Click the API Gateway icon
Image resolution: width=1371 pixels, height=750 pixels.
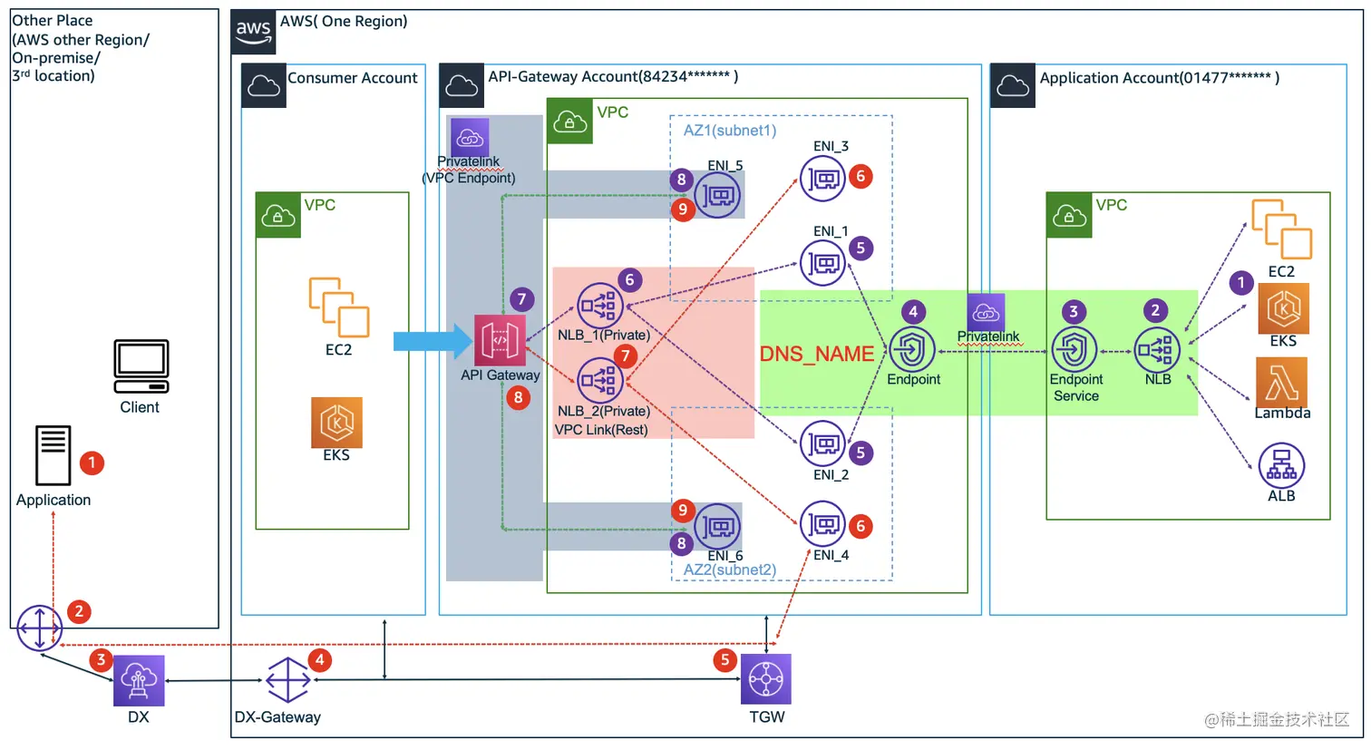[500, 340]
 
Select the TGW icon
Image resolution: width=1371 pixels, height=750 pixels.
[766, 679]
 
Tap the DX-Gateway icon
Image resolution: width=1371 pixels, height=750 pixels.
[287, 679]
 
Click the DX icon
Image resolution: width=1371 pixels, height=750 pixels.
[139, 680]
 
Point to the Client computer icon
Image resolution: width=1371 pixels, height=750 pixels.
[141, 366]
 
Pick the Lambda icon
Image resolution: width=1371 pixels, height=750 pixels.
[1281, 381]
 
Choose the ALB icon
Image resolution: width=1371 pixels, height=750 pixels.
[1281, 464]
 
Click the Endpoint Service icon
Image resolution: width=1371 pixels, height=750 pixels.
[1074, 349]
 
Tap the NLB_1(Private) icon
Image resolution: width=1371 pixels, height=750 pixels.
[599, 305]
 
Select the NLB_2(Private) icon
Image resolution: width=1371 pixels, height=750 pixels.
[599, 380]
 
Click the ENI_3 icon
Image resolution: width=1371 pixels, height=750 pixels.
[822, 179]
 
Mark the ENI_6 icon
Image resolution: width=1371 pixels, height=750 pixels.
[717, 526]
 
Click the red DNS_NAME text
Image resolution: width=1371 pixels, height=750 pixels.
[816, 354]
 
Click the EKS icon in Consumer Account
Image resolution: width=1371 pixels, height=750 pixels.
[336, 423]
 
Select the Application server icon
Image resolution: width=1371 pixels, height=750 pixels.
[53, 455]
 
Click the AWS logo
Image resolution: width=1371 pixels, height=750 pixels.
[253, 31]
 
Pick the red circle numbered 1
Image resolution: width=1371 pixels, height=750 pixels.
[92, 463]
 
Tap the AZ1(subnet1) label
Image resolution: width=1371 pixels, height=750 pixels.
[730, 131]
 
